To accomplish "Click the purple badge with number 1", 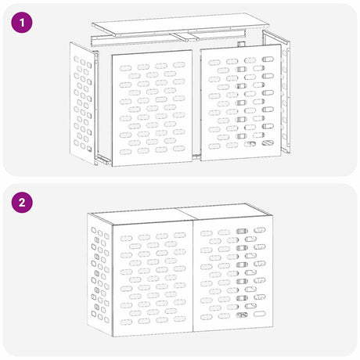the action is [x=22, y=22].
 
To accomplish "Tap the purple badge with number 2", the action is [x=22, y=202].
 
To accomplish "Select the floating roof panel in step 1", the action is [x=180, y=25].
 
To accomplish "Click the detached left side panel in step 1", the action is [x=82, y=103].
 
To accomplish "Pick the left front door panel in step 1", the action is [x=153, y=108].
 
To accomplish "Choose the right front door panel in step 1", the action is [x=241, y=103].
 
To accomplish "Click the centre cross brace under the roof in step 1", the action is [x=184, y=37].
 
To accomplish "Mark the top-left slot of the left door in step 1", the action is [x=125, y=68].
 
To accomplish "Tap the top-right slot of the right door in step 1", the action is [x=268, y=59].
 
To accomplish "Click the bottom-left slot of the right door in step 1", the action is [x=214, y=146].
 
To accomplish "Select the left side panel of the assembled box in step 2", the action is [x=100, y=274].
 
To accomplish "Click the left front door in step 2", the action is [x=153, y=280].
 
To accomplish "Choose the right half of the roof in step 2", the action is [x=225, y=211].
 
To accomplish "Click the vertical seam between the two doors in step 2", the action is [x=193, y=277].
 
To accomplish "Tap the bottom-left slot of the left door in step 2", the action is [x=126, y=322].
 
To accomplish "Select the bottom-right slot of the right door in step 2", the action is [x=260, y=314].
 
